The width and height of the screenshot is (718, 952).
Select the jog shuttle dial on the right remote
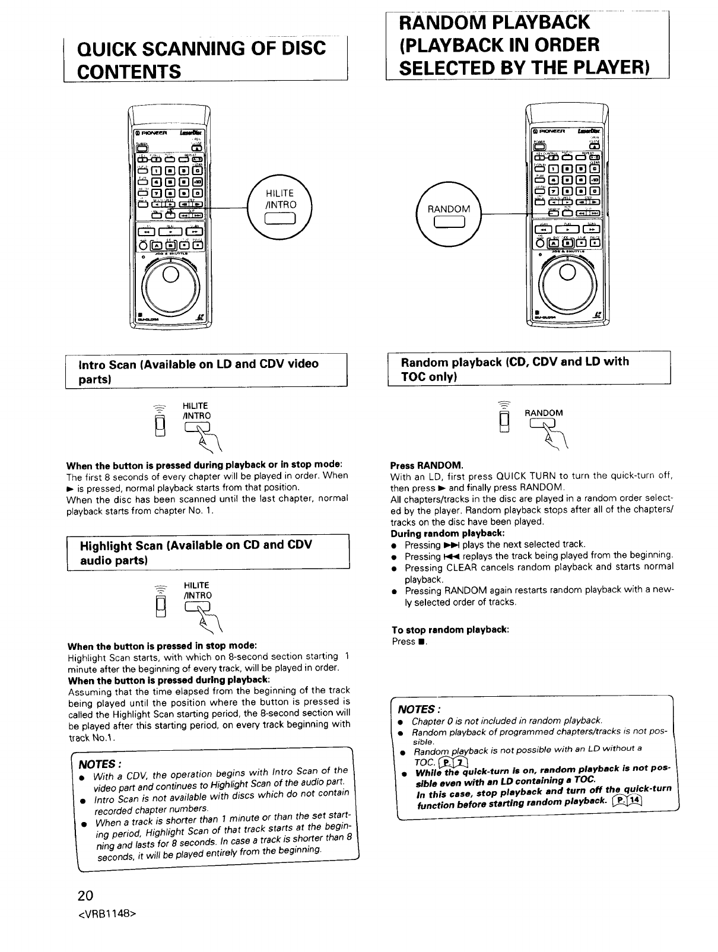pyautogui.click(x=567, y=275)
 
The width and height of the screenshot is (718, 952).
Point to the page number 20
pyautogui.click(x=77, y=895)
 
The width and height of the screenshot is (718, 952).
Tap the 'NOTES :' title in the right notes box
pyautogui.click(x=418, y=709)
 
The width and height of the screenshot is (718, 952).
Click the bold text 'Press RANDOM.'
pyautogui.click(x=426, y=465)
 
